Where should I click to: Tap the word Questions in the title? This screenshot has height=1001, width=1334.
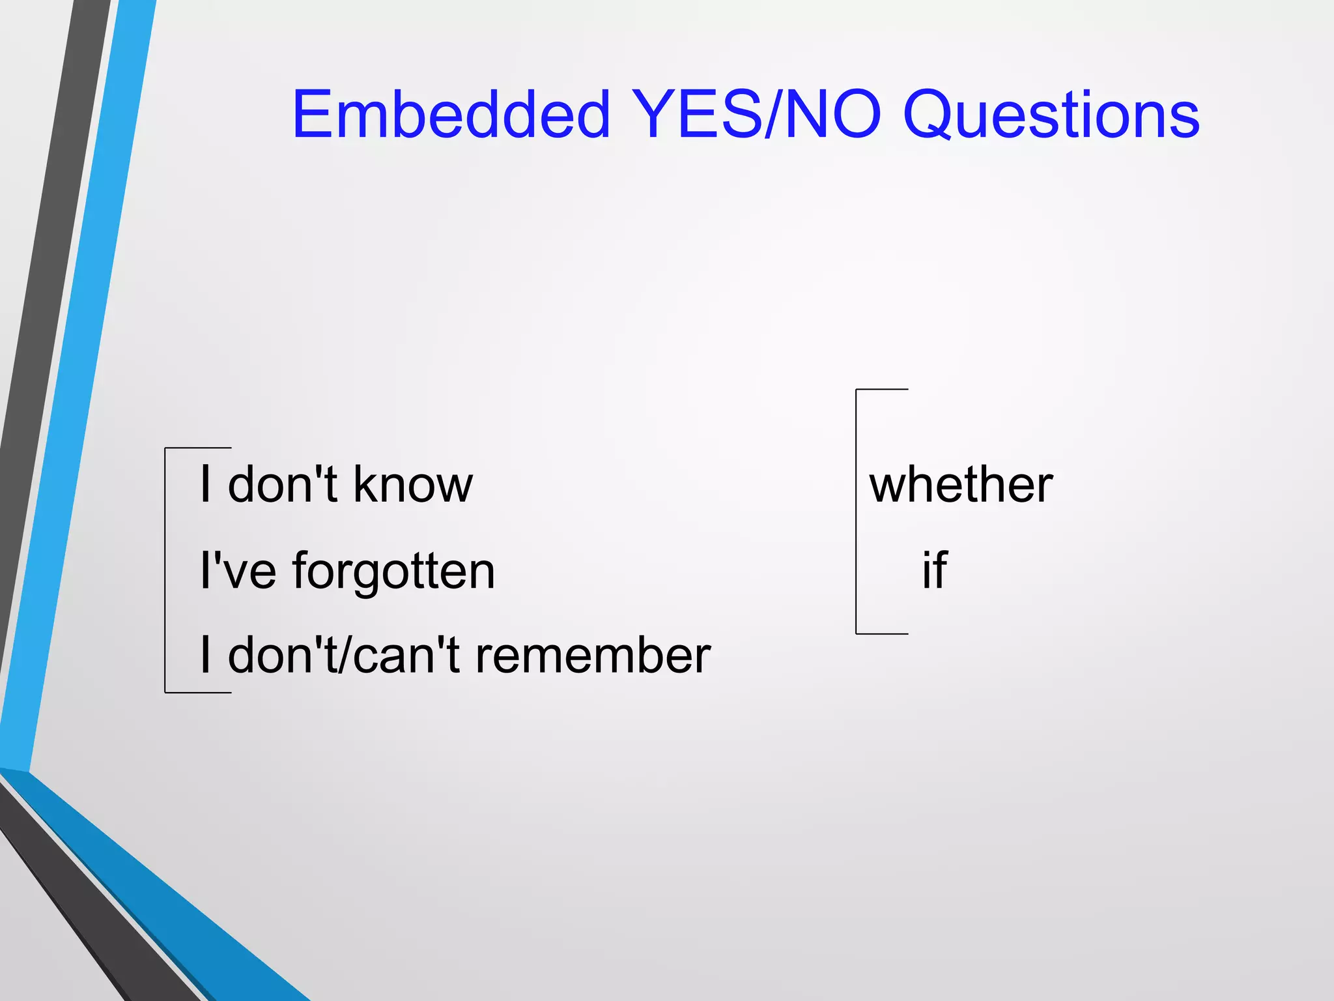(x=1051, y=116)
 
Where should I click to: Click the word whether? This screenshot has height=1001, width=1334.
(x=961, y=485)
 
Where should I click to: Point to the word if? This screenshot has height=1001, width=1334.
(x=934, y=570)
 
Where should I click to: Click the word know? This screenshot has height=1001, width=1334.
(x=413, y=485)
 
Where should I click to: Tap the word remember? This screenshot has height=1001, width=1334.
(x=593, y=656)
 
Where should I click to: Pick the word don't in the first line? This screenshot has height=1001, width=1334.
(x=282, y=485)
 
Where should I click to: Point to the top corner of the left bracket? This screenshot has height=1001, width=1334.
(x=166, y=448)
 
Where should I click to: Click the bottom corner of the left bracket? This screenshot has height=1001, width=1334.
(x=166, y=692)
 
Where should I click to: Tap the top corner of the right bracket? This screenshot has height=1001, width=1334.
(x=857, y=390)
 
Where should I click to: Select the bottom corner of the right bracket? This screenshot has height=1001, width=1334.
(x=857, y=633)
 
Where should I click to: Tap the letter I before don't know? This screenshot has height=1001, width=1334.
(x=206, y=485)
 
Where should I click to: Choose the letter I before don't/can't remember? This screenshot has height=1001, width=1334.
(x=206, y=656)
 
